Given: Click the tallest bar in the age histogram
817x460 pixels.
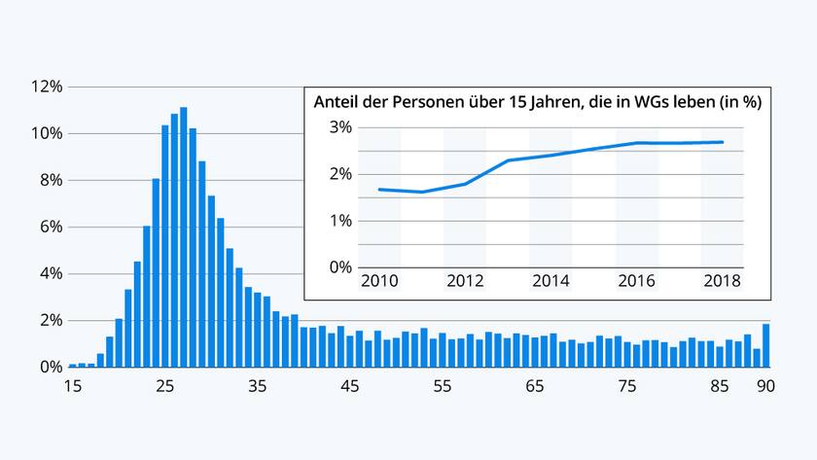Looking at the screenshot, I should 183,237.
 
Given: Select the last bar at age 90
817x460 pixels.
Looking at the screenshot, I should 766,345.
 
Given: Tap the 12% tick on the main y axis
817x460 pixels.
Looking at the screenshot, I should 48,87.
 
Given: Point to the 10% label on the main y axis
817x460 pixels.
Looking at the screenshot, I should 48,133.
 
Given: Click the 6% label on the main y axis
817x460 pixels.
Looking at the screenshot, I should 50,227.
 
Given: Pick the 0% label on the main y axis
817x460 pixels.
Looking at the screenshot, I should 50,367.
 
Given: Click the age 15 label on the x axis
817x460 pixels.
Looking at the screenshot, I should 72,386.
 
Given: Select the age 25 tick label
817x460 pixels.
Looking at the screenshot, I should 164,386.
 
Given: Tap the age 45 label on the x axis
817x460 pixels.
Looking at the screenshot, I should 350,386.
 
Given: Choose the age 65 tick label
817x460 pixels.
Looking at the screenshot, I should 535,386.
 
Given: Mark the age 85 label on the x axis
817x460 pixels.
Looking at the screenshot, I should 720,386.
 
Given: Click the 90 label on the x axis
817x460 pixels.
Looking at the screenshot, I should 766,386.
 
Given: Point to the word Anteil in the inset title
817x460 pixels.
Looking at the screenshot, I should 336,101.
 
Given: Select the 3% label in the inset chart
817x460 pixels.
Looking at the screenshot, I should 339,127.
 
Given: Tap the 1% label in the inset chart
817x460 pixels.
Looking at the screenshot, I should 339,221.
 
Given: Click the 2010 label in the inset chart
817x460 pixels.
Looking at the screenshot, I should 379,282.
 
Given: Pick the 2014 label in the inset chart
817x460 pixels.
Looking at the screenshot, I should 551,282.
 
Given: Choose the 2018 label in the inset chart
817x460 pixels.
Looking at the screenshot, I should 722,282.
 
